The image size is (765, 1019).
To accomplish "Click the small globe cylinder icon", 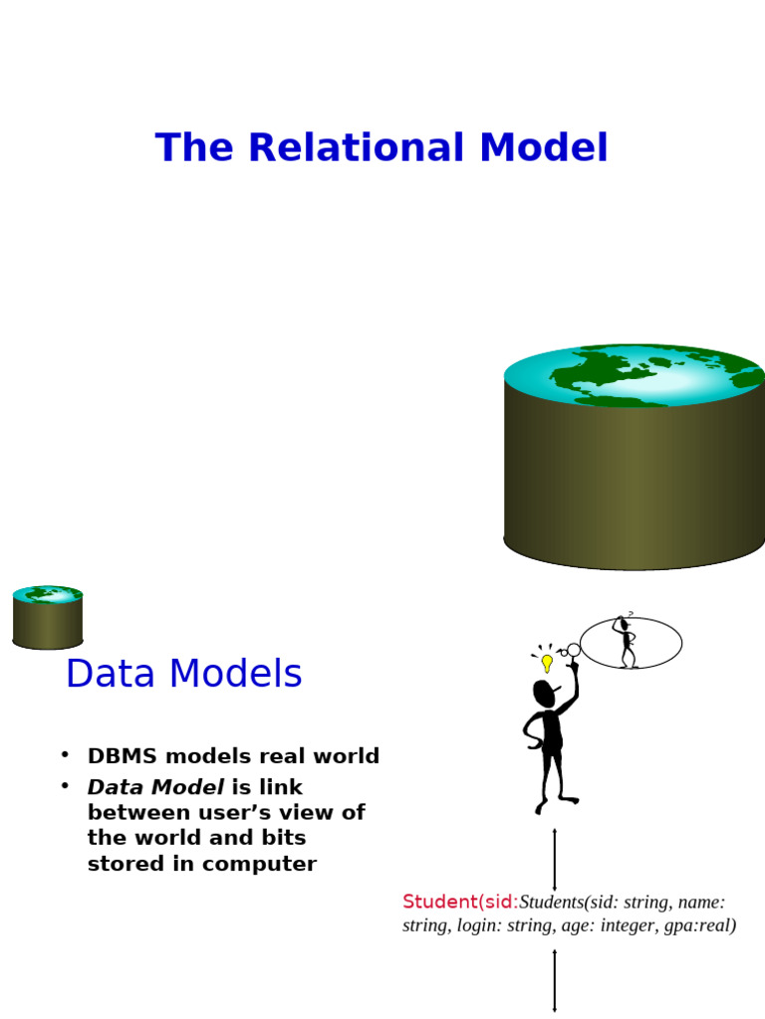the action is pos(48,617).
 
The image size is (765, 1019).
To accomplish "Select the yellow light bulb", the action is pos(547,662).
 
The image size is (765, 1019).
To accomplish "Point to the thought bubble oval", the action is pos(652,643).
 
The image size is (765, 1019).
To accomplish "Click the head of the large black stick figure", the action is pos(544,694).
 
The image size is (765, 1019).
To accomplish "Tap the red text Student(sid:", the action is pos(460,903).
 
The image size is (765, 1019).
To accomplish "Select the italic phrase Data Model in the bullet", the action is pos(155,787).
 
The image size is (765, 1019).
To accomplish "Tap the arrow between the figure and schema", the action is pos(555,859).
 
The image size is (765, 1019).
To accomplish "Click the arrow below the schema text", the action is pos(555,980).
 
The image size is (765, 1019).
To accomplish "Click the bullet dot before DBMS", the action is pos(65,754).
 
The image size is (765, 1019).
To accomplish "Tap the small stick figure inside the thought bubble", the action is pos(626,642).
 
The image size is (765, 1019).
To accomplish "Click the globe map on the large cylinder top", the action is pos(635,376).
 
